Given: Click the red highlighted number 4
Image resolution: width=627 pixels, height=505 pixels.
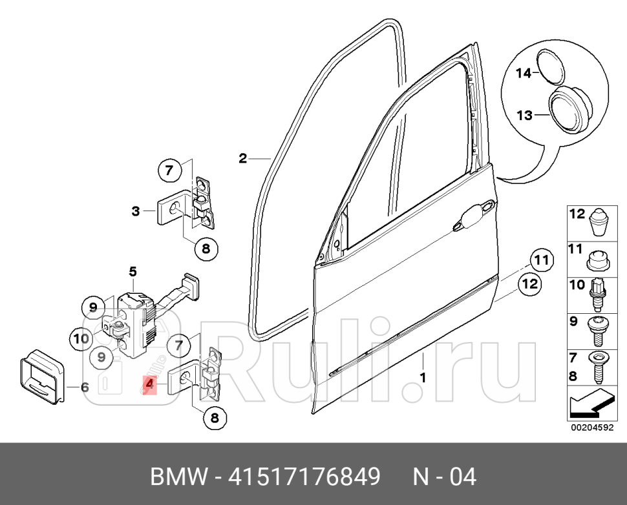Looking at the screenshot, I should click(x=150, y=386).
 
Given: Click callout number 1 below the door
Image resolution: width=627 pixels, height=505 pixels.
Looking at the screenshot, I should click(x=423, y=377).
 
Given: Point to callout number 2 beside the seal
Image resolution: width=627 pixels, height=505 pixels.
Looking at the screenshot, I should click(x=242, y=158).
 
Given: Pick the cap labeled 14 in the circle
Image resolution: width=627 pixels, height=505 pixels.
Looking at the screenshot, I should click(x=550, y=67).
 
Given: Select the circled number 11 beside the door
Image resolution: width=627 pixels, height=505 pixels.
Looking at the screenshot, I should click(x=542, y=260).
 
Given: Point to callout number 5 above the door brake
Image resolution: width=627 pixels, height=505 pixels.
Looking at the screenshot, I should click(x=133, y=271).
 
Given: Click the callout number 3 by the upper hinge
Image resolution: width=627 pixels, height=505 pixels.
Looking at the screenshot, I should click(x=136, y=211).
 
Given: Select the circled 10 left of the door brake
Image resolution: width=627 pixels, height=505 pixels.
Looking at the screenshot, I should click(x=81, y=338).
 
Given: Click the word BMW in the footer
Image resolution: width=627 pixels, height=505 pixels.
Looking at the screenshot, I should click(x=176, y=477).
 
